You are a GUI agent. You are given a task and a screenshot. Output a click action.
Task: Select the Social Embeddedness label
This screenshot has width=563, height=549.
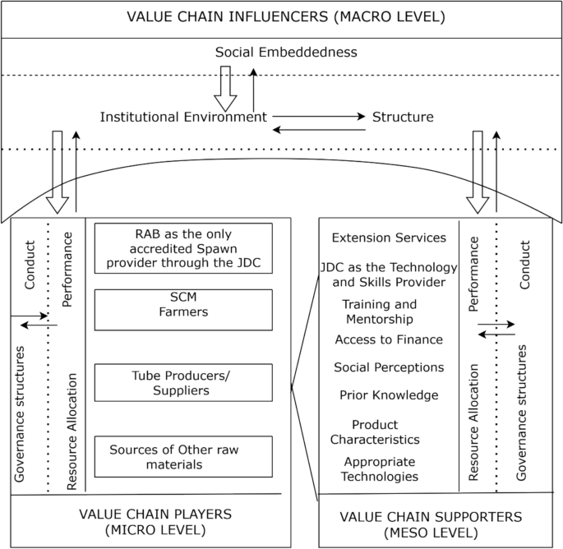[286, 52]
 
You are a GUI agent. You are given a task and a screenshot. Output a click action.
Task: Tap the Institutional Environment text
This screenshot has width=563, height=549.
[183, 117]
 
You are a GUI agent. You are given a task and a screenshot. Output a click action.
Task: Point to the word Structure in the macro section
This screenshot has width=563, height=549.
[403, 117]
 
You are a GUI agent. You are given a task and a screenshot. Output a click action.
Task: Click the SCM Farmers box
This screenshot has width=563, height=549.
[183, 305]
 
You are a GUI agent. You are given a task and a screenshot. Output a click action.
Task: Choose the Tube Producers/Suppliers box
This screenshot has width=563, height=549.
[183, 382]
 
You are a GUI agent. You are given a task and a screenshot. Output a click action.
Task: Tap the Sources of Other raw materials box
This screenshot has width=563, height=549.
[183, 457]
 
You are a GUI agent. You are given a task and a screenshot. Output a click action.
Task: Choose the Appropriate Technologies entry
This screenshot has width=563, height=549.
[381, 469]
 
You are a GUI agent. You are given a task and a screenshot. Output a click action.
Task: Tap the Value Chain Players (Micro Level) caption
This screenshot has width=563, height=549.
[155, 521]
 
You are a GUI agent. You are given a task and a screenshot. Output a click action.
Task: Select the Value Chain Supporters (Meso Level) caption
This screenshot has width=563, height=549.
[431, 524]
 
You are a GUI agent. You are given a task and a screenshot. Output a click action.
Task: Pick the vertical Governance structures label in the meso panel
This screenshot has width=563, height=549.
[520, 413]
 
